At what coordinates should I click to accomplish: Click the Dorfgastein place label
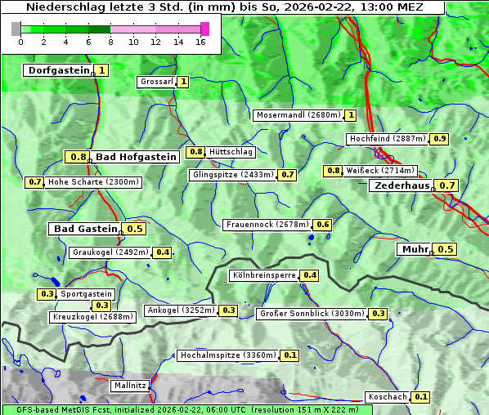58,70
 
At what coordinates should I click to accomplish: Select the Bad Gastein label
85,229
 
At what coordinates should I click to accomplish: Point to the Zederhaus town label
402,186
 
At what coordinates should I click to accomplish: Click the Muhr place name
415,249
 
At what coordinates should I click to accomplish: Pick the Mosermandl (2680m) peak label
298,115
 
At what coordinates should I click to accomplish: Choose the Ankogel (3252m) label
180,310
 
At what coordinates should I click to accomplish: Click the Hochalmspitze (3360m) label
228,355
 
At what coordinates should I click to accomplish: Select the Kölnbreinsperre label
262,275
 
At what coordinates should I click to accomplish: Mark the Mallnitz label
130,385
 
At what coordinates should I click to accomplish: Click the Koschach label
387,397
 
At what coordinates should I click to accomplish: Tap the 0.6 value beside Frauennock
323,225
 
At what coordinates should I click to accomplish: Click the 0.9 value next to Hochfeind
440,139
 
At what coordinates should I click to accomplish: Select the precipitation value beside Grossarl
183,82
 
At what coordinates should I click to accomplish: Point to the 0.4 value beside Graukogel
163,252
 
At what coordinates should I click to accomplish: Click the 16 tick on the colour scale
201,42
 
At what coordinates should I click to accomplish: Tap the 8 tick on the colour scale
110,42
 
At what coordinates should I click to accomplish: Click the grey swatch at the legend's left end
16,29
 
